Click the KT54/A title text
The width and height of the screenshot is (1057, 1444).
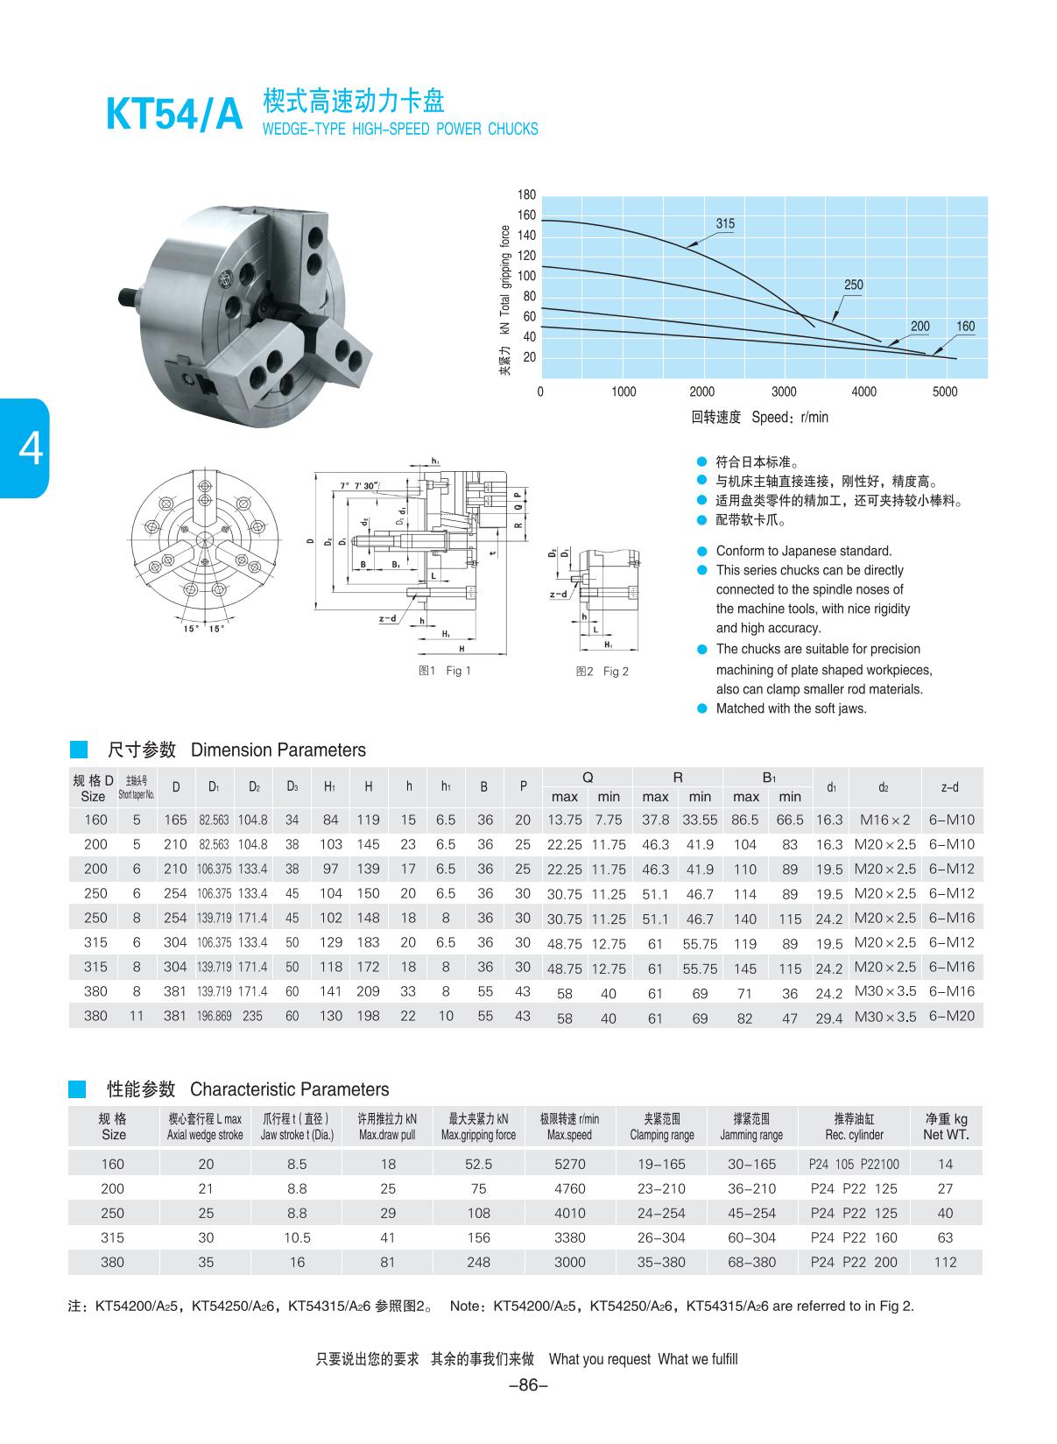(x=173, y=115)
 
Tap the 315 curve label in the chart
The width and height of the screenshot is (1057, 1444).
(x=724, y=223)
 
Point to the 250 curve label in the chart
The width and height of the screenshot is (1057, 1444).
(x=853, y=285)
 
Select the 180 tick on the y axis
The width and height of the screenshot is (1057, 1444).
(x=526, y=194)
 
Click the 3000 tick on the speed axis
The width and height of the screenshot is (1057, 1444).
(x=784, y=391)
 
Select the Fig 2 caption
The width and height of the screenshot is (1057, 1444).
(x=602, y=672)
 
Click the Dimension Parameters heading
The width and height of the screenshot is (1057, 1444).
(x=278, y=750)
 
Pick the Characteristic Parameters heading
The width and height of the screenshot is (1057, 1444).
(x=289, y=1089)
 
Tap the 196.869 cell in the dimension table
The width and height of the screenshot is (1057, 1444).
(x=214, y=1016)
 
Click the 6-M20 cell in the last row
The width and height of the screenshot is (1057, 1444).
(x=951, y=1016)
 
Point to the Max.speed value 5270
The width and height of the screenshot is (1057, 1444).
(x=569, y=1164)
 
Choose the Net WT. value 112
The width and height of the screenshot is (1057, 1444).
(x=945, y=1262)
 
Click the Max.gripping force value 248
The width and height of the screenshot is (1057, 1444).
(x=478, y=1262)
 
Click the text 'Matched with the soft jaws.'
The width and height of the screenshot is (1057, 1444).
(x=791, y=708)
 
